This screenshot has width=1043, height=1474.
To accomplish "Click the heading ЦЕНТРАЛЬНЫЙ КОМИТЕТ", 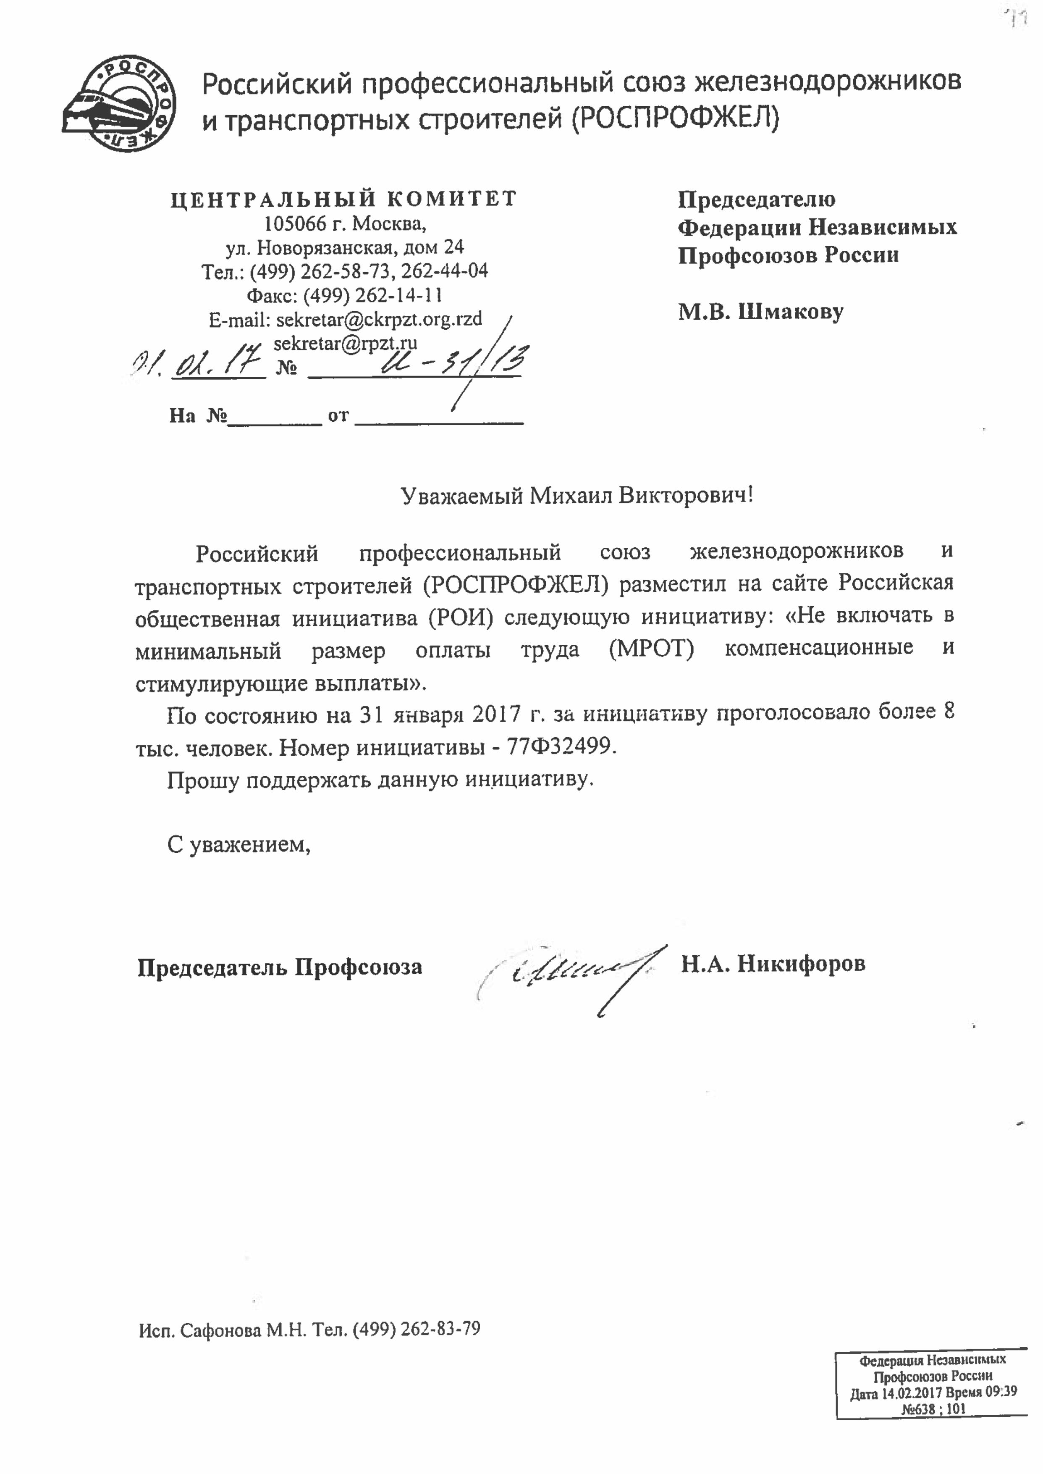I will click(343, 199).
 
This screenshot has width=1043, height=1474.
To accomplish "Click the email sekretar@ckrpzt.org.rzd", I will click(379, 319).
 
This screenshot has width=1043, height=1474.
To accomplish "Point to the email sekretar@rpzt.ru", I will click(346, 343).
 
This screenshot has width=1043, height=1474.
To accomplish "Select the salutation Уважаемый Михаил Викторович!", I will click(576, 496).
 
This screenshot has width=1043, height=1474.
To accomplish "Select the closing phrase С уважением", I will click(239, 843).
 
